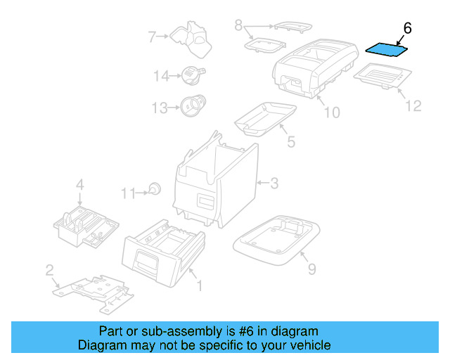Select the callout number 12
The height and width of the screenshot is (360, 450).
pyautogui.click(x=413, y=105)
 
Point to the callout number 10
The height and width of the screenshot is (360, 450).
pyautogui.click(x=331, y=112)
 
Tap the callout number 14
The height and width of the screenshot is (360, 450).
pyautogui.click(x=162, y=75)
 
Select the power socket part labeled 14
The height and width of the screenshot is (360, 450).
pyautogui.click(x=192, y=73)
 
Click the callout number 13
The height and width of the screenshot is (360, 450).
pyautogui.click(x=161, y=108)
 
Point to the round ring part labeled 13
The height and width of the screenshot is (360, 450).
pyautogui.click(x=191, y=105)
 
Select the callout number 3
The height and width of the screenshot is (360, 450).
pyautogui.click(x=274, y=184)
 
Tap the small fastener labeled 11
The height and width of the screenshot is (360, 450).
pyautogui.click(x=155, y=188)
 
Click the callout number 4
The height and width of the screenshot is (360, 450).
pyautogui.click(x=80, y=185)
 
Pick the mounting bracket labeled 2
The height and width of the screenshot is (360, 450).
pyautogui.click(x=91, y=290)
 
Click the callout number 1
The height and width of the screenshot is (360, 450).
pyautogui.click(x=198, y=285)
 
